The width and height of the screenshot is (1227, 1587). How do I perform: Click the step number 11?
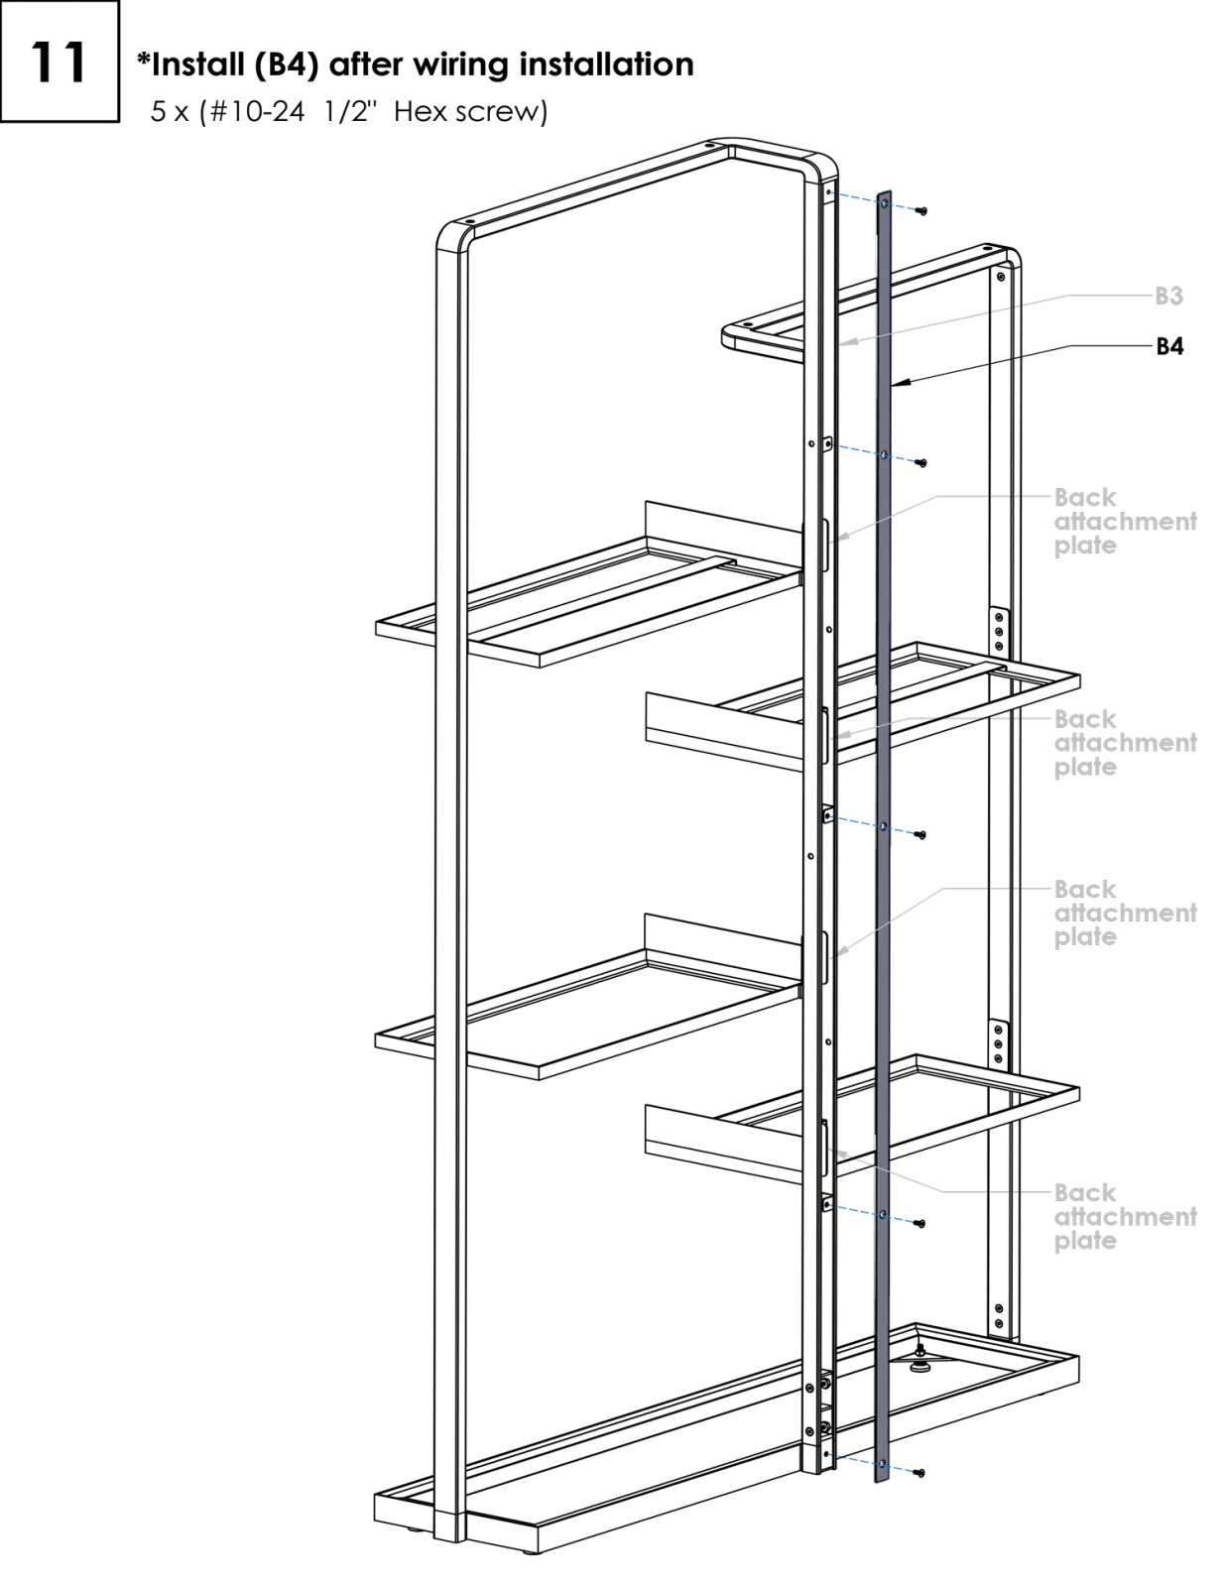click(59, 61)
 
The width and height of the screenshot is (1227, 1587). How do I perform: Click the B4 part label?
click(1169, 346)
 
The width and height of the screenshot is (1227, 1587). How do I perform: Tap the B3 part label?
click(1168, 296)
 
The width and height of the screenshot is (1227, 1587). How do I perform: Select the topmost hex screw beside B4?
click(921, 211)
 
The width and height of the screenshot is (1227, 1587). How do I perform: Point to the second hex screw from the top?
click(921, 463)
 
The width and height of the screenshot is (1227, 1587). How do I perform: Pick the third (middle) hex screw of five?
click(920, 835)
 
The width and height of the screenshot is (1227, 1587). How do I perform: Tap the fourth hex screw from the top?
click(920, 1223)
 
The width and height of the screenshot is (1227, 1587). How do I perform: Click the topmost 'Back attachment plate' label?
click(1125, 522)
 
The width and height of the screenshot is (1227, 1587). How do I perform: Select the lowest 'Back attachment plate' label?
click(1125, 1217)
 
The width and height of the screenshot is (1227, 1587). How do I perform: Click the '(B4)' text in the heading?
click(287, 65)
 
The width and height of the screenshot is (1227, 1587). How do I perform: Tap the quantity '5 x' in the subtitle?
click(170, 112)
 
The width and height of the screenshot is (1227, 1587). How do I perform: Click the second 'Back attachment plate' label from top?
click(1125, 743)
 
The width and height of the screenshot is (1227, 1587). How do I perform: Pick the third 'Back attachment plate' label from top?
click(1125, 913)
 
